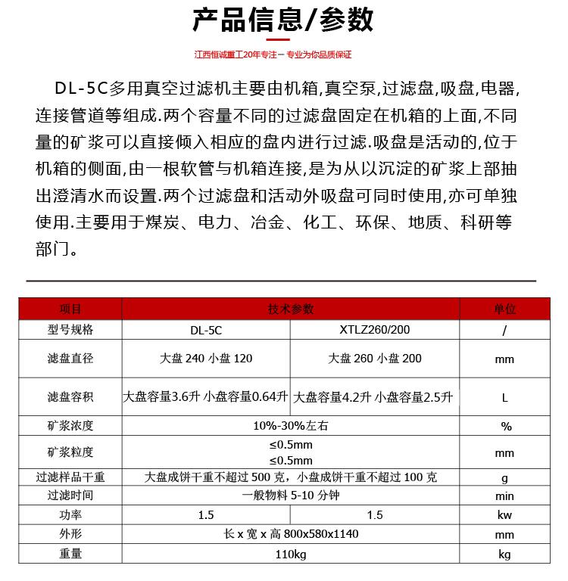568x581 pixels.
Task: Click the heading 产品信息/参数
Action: point(283,20)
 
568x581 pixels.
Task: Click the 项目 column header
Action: point(70,309)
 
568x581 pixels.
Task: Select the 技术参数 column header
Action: point(291,309)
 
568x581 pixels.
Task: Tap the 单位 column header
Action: point(505,309)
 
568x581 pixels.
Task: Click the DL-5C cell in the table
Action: point(206,331)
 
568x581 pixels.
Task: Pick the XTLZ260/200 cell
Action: point(375,331)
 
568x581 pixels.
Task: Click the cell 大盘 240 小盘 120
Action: point(206,359)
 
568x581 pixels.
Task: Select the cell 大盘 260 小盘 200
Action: point(375,359)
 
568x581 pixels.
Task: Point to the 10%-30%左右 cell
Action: point(291,426)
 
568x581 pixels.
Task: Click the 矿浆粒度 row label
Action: point(70,452)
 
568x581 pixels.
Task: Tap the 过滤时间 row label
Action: point(70,496)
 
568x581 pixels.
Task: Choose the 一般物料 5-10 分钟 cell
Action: point(291,496)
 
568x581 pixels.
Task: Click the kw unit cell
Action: point(505,515)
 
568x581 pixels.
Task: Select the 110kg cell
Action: point(291,555)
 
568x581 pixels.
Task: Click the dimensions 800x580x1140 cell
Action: point(291,534)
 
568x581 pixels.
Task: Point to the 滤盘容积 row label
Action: point(70,397)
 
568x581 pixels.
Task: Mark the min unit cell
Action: point(505,496)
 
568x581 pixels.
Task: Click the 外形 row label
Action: point(70,534)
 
